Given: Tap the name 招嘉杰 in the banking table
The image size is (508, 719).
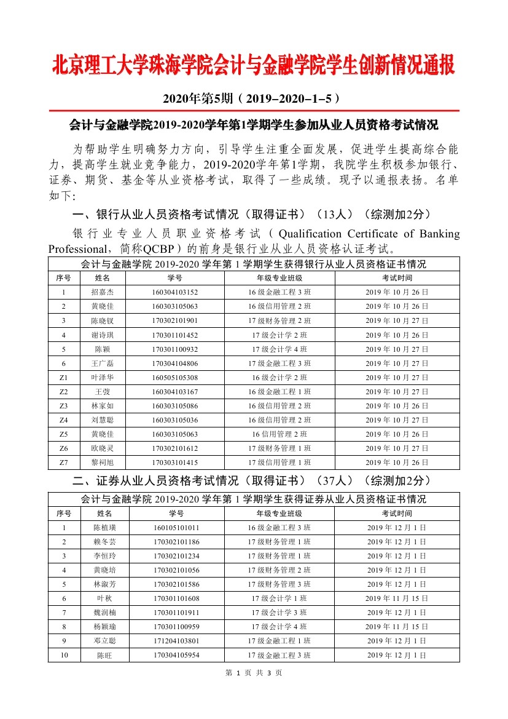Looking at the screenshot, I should [102, 292].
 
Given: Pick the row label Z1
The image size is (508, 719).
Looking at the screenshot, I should [64, 378].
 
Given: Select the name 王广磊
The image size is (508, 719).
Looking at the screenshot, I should [102, 363].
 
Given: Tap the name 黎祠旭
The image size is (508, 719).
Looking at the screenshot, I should [102, 463].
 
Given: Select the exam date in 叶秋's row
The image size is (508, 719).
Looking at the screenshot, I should [397, 598].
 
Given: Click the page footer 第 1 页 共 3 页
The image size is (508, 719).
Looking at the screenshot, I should [254, 673].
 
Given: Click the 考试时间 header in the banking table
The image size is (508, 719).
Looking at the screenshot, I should [397, 278].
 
